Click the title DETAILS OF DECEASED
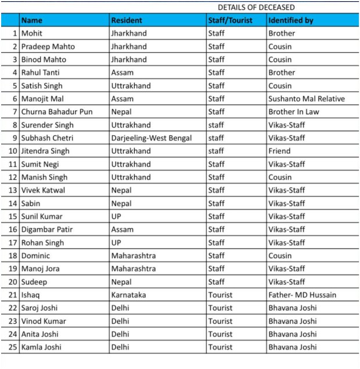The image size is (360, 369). [256, 8]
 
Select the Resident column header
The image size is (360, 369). [127, 20]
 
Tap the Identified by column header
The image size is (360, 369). [290, 20]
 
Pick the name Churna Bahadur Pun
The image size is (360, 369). [56, 112]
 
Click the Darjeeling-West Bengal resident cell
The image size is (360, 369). [151, 138]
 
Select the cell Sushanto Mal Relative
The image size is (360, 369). [306, 99]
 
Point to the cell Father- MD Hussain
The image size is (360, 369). [302, 295]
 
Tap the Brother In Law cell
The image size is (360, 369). [294, 112]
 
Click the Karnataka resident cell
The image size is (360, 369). [128, 295]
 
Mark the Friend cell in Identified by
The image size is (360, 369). [279, 151]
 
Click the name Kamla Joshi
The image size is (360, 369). [42, 348]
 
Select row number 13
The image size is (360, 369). [13, 190]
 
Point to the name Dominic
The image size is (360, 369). [35, 256]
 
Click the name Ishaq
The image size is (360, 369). [31, 295]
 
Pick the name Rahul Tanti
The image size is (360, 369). [41, 73]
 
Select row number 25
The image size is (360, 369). [13, 348]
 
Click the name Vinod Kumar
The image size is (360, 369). [44, 321]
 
